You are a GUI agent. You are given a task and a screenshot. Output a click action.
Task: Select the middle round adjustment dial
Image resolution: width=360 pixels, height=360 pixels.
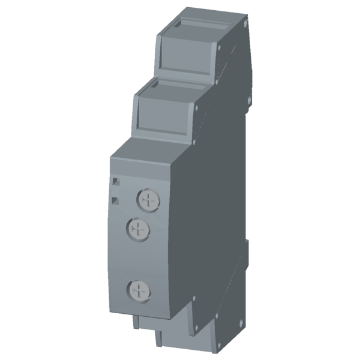[x=139, y=228]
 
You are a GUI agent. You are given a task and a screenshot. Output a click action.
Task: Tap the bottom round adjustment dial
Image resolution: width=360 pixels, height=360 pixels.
[x=138, y=291]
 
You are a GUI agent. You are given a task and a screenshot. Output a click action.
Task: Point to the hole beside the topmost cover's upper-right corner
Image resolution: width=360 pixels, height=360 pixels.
[x=220, y=46]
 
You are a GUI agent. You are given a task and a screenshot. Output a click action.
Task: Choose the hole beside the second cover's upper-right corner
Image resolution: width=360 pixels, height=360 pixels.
[x=197, y=108]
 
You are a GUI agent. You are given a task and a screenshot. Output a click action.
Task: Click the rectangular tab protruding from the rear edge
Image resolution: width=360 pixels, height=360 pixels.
[x=247, y=246]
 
